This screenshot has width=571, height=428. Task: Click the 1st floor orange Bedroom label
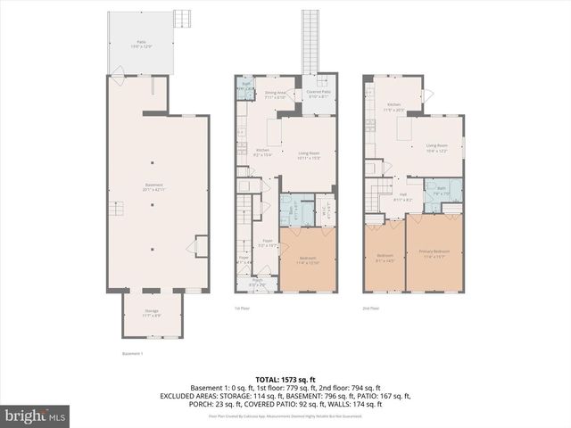click(308, 259)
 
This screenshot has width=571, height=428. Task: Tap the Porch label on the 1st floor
click(258, 283)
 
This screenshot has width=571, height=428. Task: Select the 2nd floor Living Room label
click(436, 147)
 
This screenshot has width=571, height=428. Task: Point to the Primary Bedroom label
click(434, 253)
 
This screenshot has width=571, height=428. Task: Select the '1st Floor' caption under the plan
click(243, 309)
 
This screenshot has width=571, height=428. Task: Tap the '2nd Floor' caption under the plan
click(370, 309)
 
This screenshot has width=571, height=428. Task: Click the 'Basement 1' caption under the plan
click(131, 353)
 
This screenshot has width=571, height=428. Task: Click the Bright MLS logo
click(37, 416)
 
